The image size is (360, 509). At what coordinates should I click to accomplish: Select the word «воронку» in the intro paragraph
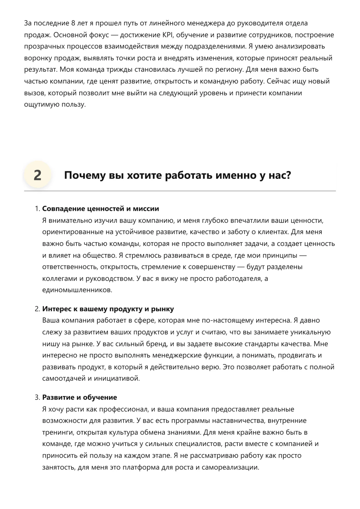(37, 58)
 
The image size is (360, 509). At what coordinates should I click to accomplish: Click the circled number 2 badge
(37, 175)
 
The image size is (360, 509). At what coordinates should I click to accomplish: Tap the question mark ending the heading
(288, 175)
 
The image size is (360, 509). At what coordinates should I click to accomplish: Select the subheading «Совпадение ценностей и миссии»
(101, 209)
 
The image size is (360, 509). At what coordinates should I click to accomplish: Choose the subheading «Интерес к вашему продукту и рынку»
(108, 309)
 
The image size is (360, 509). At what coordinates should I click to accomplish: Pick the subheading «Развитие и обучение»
(80, 398)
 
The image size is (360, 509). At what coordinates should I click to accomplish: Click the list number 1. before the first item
(37, 209)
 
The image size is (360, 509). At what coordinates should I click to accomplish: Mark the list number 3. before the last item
(37, 398)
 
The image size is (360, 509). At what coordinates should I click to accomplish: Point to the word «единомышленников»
(77, 290)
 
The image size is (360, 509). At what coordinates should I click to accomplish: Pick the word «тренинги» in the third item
(58, 432)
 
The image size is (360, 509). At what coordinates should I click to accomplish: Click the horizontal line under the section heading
(180, 191)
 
